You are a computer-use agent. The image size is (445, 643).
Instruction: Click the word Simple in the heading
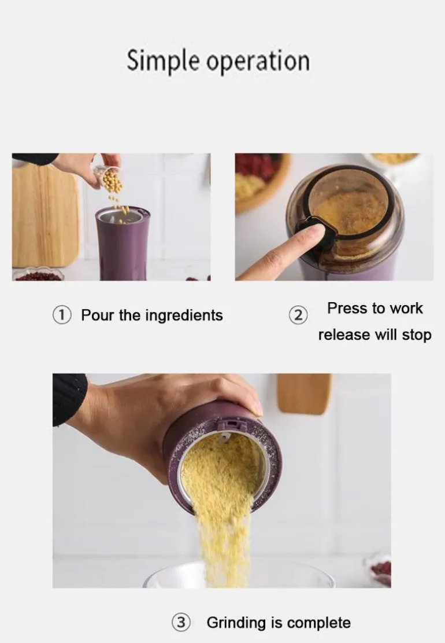pyautogui.click(x=163, y=61)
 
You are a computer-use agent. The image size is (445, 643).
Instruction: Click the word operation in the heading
pyautogui.click(x=258, y=61)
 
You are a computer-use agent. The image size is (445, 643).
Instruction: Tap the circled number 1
pyautogui.click(x=62, y=315)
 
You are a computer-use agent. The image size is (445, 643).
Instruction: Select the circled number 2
pyautogui.click(x=298, y=315)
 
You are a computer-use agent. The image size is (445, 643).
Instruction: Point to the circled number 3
pyautogui.click(x=181, y=623)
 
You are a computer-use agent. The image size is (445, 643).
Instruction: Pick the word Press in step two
pyautogui.click(x=346, y=308)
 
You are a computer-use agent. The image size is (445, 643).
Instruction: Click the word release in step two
pyautogui.click(x=344, y=335)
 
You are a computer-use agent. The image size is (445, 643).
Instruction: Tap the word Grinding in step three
pyautogui.click(x=236, y=623)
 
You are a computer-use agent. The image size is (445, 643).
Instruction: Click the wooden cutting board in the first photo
pyautogui.click(x=45, y=215)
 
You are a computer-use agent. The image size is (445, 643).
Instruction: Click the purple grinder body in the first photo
pyautogui.click(x=123, y=244)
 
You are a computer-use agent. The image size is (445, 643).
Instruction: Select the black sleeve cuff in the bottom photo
pyautogui.click(x=69, y=398)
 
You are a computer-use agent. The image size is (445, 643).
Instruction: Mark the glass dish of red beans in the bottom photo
pyautogui.click(x=378, y=569)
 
